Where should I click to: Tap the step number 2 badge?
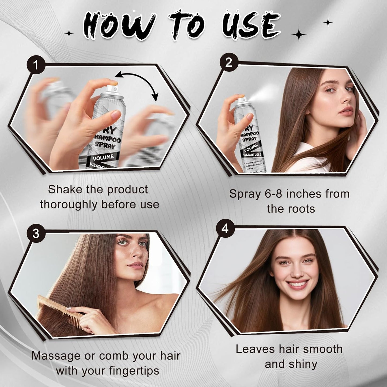click(x=228, y=63)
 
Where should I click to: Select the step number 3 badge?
click(x=36, y=234)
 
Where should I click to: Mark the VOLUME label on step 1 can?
click(x=103, y=157)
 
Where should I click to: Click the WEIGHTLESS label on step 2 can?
click(x=252, y=155)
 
